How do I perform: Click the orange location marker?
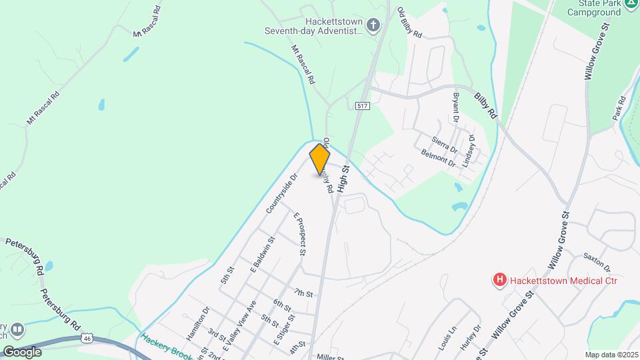320,159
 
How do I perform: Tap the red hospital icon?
499,281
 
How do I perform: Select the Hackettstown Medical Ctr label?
563,281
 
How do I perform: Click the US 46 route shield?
87,339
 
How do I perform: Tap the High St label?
343,179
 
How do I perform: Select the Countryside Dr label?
281,193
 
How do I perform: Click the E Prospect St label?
299,235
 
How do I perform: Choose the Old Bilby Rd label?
409,22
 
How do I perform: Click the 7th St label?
303,293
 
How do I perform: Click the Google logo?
22,351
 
